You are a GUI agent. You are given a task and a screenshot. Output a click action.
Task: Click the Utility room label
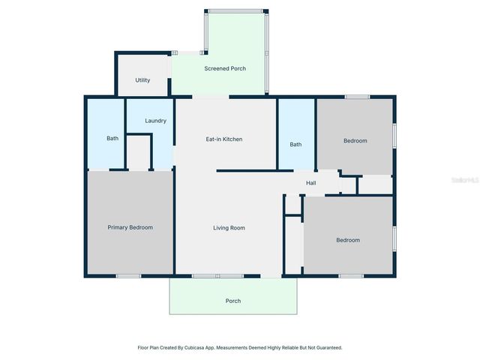click(x=142, y=80)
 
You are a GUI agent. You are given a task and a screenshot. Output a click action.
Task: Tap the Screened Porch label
click(x=225, y=69)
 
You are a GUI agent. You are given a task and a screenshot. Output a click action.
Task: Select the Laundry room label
click(x=155, y=121)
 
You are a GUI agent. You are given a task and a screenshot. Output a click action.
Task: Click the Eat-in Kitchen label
click(x=224, y=139)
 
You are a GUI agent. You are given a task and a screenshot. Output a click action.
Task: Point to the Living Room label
click(x=229, y=228)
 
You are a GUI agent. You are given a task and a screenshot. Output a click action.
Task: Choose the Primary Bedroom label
click(x=130, y=227)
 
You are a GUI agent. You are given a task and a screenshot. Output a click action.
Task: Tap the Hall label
click(x=310, y=183)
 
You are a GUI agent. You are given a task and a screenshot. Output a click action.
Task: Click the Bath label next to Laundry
click(x=112, y=139)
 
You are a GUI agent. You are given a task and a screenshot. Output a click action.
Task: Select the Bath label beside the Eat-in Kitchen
click(x=296, y=145)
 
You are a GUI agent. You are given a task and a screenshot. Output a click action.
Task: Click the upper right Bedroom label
click(x=355, y=141)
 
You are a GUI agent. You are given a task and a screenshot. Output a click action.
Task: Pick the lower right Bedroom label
click(x=348, y=240)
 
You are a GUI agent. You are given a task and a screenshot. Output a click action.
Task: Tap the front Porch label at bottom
click(x=233, y=301)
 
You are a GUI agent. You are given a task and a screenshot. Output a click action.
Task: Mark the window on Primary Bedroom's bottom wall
click(x=128, y=276)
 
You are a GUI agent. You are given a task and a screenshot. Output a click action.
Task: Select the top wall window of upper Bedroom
click(x=357, y=97)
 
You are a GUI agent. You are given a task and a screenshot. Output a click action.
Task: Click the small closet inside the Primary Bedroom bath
click(x=139, y=152)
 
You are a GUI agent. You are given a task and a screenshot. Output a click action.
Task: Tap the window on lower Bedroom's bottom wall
click(x=351, y=276)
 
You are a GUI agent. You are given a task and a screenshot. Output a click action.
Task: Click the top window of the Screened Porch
click(x=235, y=10)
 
